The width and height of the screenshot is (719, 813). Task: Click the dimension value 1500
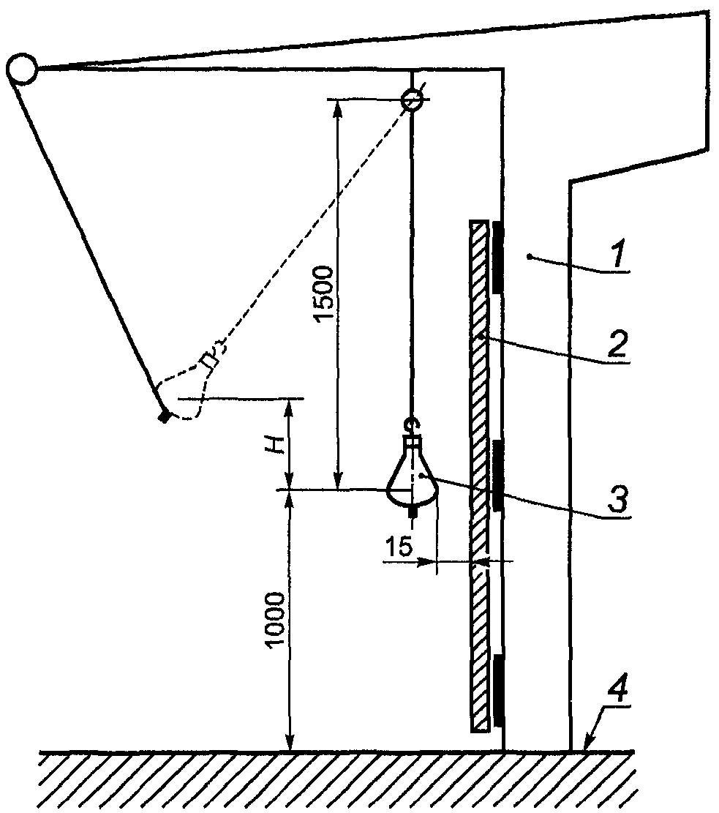[324, 293]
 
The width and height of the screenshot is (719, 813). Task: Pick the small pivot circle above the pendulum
[413, 99]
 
